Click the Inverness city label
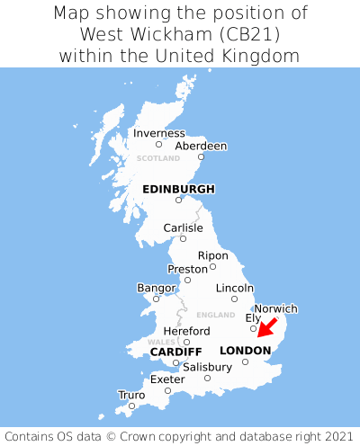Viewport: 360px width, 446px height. (159, 133)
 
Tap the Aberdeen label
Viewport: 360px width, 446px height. (201, 146)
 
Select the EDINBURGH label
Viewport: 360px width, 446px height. (178, 189)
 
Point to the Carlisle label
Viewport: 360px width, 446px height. (183, 227)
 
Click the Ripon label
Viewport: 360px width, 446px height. (213, 255)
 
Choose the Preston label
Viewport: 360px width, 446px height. (187, 269)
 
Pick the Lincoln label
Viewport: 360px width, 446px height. (235, 288)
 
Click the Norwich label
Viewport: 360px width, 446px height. (275, 308)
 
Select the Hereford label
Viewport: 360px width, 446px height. (186, 331)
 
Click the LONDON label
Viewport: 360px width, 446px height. (245, 350)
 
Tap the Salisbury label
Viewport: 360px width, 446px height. (207, 367)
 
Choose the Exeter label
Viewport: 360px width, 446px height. (167, 379)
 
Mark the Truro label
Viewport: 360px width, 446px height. (131, 395)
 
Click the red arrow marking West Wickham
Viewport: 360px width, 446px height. (267, 329)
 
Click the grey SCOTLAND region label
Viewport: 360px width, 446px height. (158, 158)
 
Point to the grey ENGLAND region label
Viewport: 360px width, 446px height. (215, 315)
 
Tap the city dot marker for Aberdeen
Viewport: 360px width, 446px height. (201, 157)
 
